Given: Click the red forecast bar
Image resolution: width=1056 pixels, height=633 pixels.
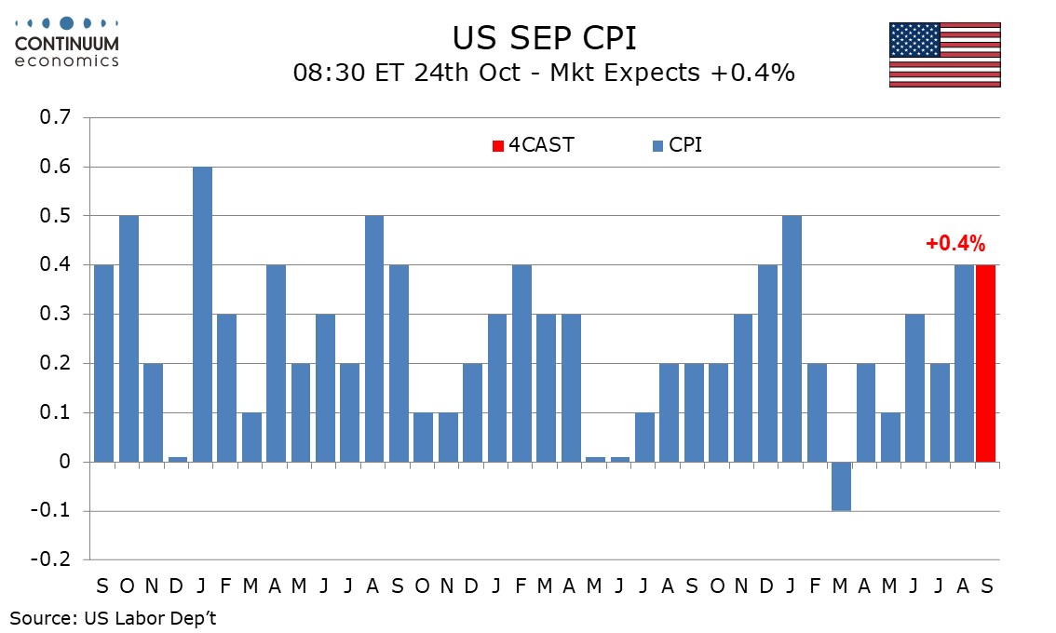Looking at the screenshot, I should tap(985, 363).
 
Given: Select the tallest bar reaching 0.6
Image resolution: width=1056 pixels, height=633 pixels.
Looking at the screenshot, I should tap(202, 314).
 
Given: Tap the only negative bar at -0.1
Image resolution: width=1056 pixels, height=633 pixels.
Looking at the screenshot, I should tap(841, 486).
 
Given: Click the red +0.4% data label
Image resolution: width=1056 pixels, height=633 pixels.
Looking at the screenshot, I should tap(954, 245).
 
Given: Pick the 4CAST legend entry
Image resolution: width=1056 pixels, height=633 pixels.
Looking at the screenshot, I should tap(534, 145).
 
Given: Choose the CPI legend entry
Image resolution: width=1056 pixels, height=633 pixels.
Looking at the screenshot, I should tap(677, 145).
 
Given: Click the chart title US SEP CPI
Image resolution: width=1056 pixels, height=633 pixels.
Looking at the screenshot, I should tap(544, 38).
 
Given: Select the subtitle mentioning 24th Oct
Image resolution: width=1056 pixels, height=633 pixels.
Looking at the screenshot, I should tap(544, 73).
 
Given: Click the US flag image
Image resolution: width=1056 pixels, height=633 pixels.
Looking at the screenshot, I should tap(944, 54).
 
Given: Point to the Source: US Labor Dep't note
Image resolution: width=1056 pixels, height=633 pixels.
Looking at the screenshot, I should tap(113, 616).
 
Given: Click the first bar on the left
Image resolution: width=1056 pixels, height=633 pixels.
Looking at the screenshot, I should tap(103, 363).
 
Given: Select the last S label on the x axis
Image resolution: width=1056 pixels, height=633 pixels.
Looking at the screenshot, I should tap(985, 586).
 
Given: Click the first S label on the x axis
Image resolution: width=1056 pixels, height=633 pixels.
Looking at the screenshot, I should tap(103, 586).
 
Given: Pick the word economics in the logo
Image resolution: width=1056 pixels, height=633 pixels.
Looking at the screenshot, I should tap(67, 61).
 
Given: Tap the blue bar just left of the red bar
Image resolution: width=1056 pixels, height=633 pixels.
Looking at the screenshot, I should tap(963, 363).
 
